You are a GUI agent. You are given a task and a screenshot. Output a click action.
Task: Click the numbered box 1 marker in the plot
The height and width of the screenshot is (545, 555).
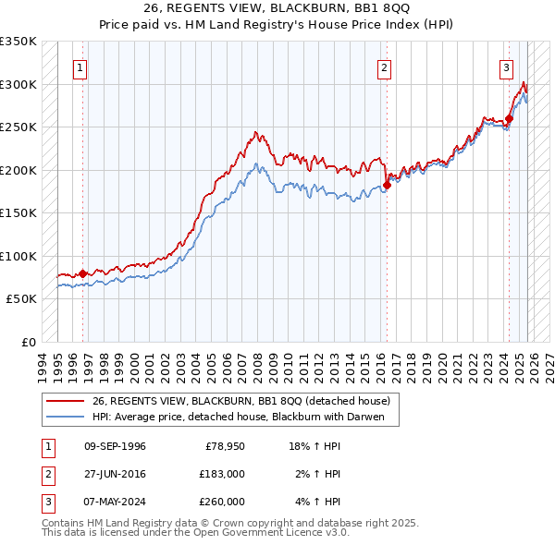click(x=81, y=67)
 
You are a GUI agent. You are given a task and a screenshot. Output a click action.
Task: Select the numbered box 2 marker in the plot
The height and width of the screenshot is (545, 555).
click(x=384, y=67)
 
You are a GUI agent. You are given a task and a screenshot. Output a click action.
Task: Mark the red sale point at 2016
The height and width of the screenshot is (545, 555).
click(x=387, y=185)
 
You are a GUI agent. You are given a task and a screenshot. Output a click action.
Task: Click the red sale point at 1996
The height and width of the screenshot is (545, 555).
click(x=83, y=273)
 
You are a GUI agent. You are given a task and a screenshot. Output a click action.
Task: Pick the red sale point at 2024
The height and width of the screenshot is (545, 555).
click(x=509, y=119)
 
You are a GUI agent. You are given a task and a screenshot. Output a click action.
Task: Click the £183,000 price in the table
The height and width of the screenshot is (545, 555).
click(x=222, y=474)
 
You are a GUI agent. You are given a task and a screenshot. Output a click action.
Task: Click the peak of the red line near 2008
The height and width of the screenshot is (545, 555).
click(x=255, y=133)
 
